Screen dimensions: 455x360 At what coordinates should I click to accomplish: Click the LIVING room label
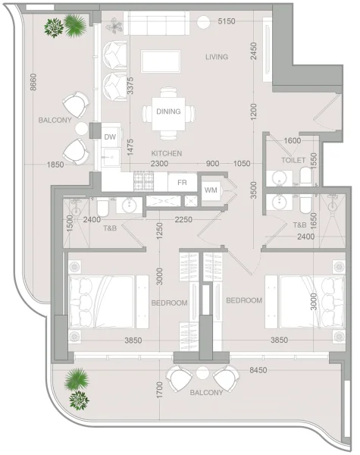click(216, 57)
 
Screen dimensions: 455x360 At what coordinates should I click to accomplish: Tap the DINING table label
click(168, 111)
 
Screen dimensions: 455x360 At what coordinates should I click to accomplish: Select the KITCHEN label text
click(166, 153)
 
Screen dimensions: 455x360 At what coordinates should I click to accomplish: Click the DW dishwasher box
click(110, 136)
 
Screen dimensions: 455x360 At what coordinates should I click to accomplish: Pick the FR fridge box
click(182, 183)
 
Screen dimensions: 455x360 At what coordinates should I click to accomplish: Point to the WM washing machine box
click(210, 189)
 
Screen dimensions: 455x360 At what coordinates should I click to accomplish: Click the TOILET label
click(293, 161)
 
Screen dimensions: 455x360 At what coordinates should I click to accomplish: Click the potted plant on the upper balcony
click(65, 27)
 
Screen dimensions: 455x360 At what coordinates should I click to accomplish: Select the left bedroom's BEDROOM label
click(169, 303)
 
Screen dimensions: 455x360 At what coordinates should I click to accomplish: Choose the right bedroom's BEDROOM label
click(244, 300)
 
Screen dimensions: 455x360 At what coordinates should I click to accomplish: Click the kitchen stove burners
click(144, 182)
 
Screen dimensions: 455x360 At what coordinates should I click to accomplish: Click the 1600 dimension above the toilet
click(292, 140)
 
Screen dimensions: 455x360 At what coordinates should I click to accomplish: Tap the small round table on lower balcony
click(202, 372)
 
